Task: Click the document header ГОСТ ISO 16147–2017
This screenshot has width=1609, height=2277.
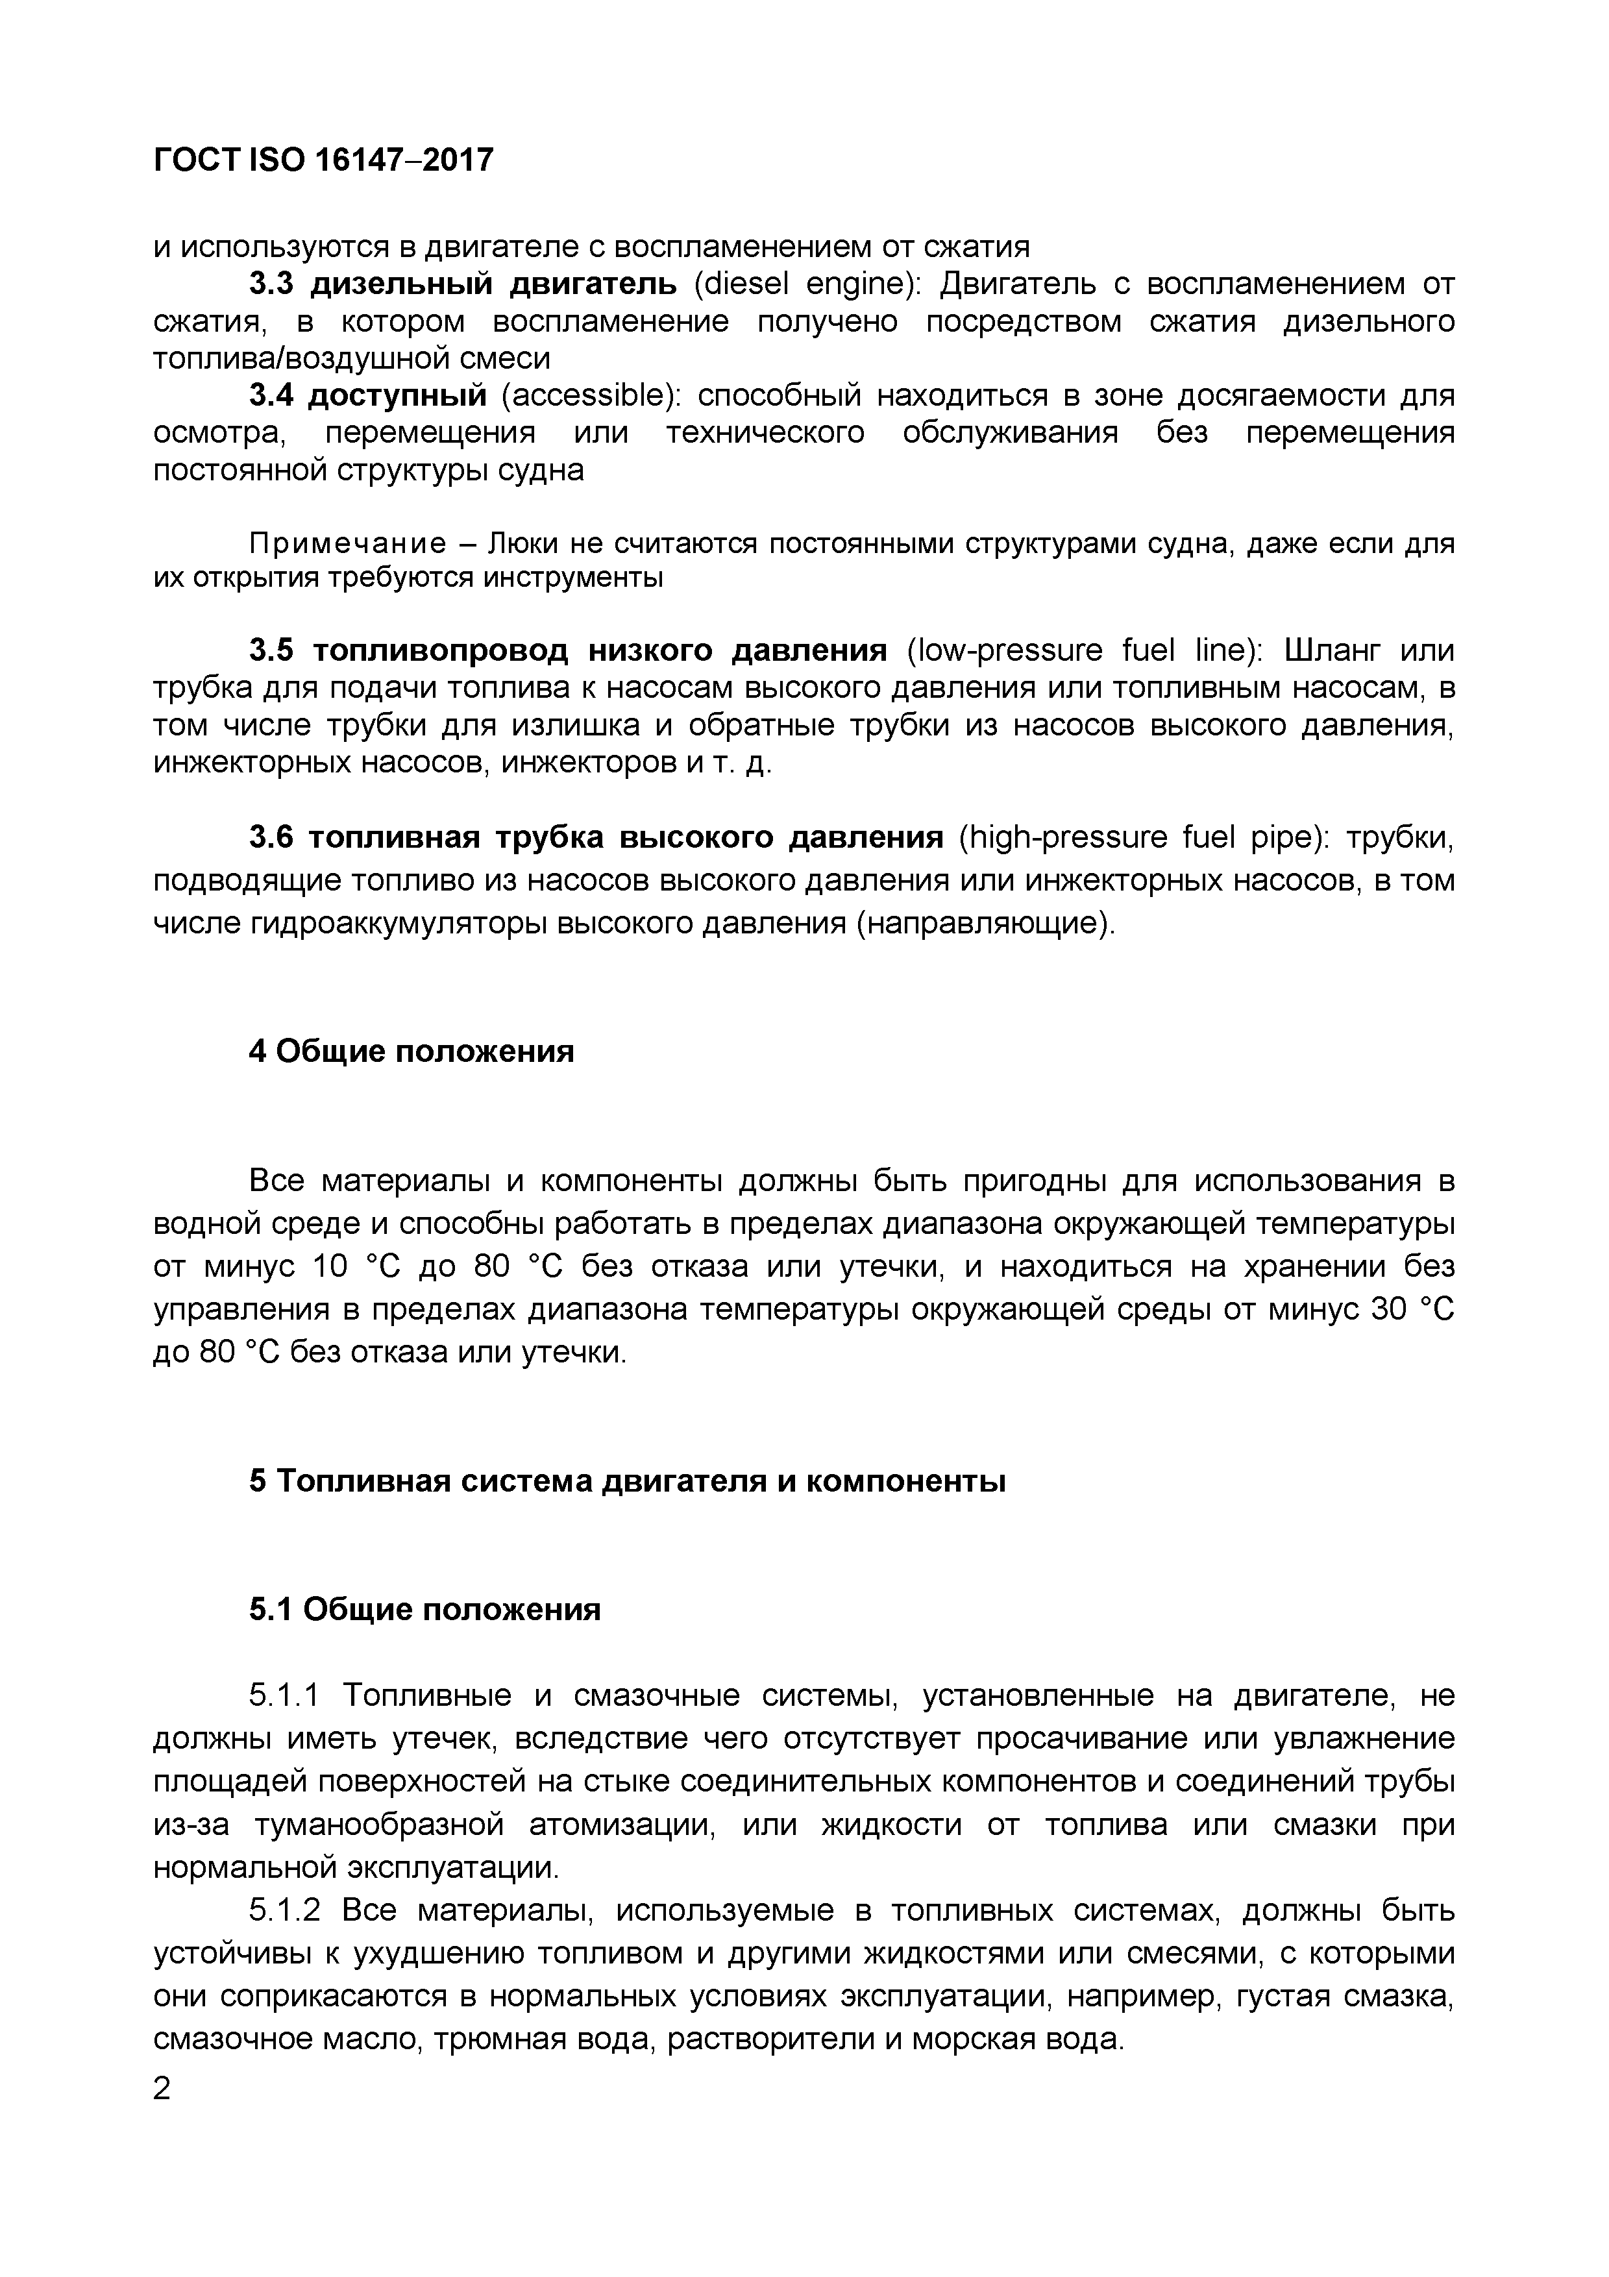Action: (323, 160)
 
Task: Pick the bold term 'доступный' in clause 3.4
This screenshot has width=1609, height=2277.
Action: (397, 396)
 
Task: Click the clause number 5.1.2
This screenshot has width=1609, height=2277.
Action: (284, 1910)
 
